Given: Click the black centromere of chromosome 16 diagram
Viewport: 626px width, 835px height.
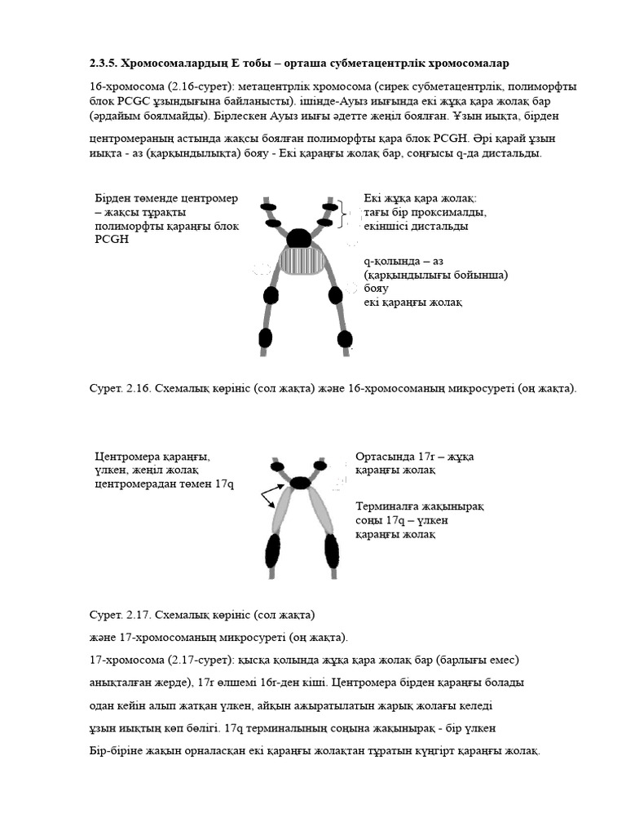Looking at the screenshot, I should point(299,237).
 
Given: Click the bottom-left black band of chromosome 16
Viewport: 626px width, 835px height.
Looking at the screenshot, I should point(264,337).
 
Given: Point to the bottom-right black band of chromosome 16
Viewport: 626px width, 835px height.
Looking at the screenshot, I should point(344,338).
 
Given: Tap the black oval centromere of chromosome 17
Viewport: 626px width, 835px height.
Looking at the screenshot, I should point(301,483).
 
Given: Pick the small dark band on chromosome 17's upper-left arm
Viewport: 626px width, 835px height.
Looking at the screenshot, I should point(278,466).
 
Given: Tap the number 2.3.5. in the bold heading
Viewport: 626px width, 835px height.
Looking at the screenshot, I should point(103,63).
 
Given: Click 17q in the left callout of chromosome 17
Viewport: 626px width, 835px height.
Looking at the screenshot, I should point(224,484).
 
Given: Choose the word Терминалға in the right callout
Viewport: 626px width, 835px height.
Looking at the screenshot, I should point(390,506).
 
